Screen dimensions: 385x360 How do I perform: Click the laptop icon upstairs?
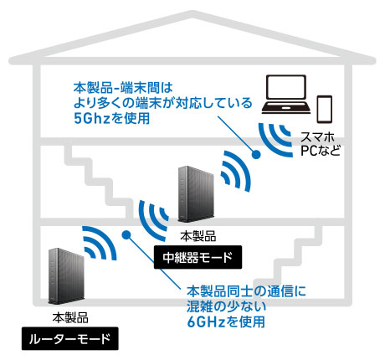point(286,94)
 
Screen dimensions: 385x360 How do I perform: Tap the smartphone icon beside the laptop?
point(325,109)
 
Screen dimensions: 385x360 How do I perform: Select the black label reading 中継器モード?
point(198,257)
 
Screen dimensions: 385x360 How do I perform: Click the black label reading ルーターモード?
point(70,338)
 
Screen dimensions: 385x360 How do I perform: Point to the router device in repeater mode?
point(197,194)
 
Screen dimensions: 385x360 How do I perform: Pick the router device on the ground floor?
point(67,276)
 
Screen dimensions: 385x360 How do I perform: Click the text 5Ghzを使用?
point(112,118)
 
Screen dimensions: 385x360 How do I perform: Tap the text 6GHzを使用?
point(226,321)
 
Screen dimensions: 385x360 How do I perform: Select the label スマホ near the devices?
point(317,137)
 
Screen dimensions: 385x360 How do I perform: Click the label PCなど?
point(321,151)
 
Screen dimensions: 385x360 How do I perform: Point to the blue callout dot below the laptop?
point(256,154)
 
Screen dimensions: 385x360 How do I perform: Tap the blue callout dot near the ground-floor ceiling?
point(126,234)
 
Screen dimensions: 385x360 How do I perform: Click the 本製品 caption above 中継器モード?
point(198,236)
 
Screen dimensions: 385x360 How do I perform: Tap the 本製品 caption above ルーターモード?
point(70,317)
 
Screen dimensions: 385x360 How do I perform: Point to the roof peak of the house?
point(192,13)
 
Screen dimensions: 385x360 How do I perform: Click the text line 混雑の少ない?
point(226,306)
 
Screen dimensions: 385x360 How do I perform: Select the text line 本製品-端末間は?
point(123,88)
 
